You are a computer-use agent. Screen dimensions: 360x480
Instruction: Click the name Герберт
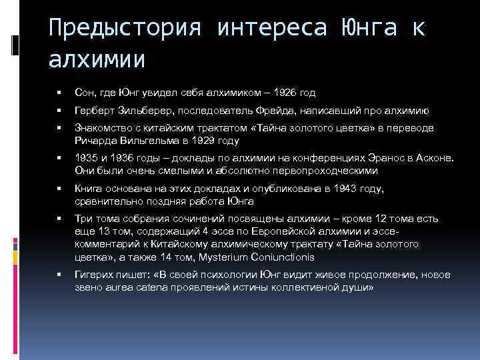(94, 111)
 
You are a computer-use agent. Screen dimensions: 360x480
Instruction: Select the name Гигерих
(95, 275)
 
